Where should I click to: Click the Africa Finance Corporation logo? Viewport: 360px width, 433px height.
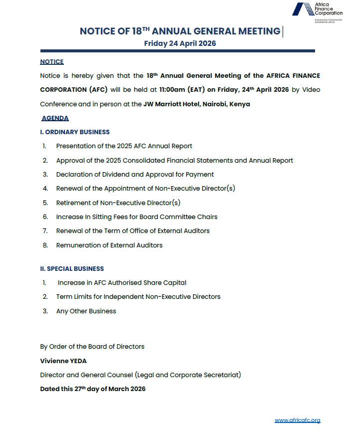(317, 9)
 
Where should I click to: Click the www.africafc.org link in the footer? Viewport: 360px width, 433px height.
(297, 421)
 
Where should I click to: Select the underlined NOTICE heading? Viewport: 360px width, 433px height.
(52, 62)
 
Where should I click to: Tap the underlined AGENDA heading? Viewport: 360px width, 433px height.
(55, 118)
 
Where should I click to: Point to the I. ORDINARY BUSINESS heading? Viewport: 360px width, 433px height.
(75, 132)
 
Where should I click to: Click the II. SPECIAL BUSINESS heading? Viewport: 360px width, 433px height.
(72, 268)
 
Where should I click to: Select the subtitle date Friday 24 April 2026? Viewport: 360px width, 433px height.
(180, 43)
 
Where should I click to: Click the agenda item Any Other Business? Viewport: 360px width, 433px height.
(86, 311)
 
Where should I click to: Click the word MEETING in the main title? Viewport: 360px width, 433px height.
(258, 31)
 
